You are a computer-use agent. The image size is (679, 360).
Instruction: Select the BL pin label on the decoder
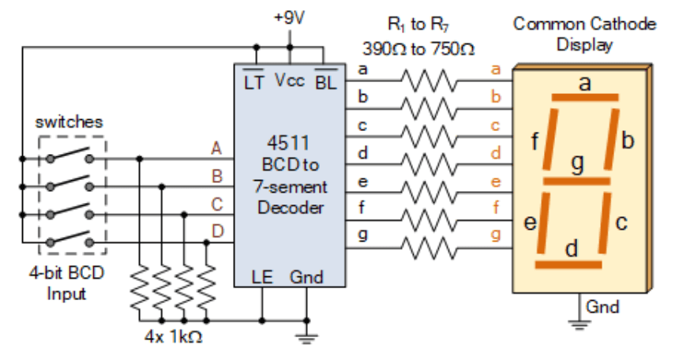(325, 82)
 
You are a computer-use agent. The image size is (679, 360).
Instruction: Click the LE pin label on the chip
(261, 277)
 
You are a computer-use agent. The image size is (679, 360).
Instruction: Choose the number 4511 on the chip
(285, 144)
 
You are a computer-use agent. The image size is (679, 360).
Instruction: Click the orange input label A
(216, 148)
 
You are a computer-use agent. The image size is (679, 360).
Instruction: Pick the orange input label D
(216, 231)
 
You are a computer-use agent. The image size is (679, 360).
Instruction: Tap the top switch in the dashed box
(70, 156)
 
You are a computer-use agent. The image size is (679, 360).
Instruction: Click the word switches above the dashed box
(69, 122)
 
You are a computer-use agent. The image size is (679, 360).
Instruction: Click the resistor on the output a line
(427, 80)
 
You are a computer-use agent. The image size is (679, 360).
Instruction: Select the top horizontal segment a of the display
(584, 98)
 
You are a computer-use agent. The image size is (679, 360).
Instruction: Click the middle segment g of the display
(578, 180)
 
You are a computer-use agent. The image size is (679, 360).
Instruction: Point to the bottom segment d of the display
(572, 263)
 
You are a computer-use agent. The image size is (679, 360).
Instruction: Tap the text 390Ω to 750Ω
(418, 49)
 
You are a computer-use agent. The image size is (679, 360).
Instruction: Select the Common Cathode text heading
(584, 24)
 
